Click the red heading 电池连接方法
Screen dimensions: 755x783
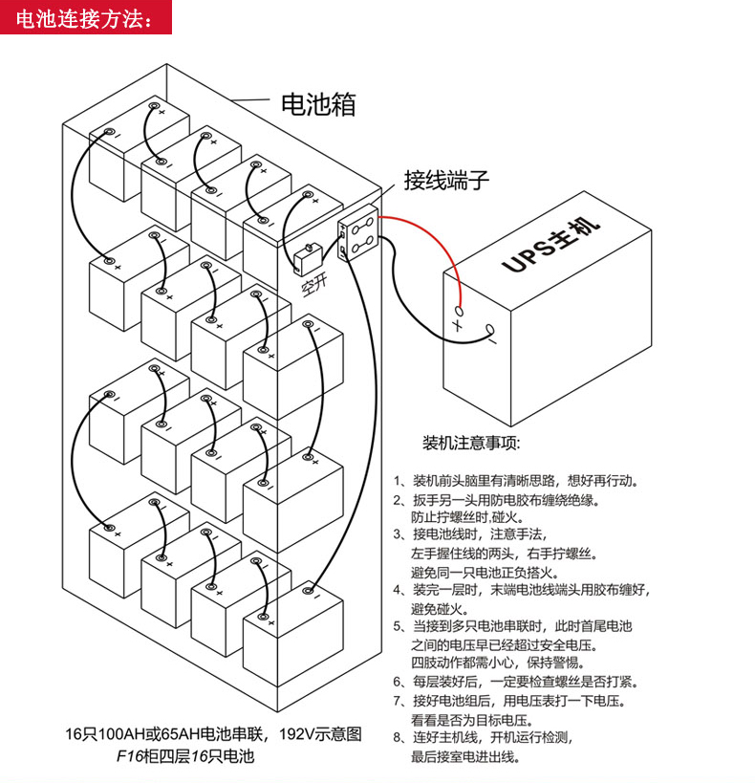tap(83, 19)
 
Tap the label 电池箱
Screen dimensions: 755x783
tap(318, 104)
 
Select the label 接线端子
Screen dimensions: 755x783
tap(446, 180)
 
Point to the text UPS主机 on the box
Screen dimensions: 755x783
tap(550, 245)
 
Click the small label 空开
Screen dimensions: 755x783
tap(314, 285)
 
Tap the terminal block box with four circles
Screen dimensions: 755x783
tap(358, 232)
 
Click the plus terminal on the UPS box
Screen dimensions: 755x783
tap(460, 311)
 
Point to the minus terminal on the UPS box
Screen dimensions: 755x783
tap(490, 330)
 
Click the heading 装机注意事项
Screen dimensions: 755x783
tap(471, 443)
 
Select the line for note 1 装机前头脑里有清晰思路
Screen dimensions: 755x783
tap(516, 480)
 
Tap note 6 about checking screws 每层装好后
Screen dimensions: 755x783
tap(516, 682)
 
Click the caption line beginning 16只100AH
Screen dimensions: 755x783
tap(213, 734)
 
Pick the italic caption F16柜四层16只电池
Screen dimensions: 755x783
tap(185, 756)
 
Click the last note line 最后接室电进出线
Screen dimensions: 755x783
tap(465, 757)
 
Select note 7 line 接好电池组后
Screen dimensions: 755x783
tap(509, 701)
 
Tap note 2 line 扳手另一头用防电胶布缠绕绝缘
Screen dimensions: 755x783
tap(497, 500)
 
